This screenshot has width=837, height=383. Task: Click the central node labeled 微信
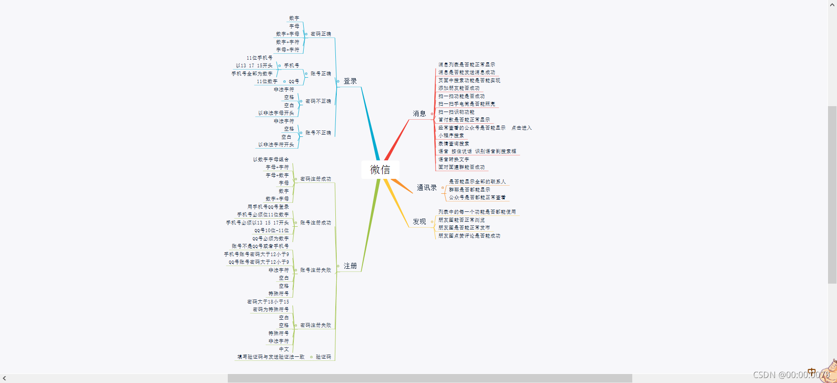click(x=380, y=170)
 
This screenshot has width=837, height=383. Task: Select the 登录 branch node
click(x=350, y=81)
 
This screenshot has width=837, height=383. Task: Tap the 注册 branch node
click(x=350, y=266)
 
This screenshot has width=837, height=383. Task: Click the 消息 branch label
click(x=419, y=114)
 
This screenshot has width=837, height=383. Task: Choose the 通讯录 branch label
click(x=426, y=188)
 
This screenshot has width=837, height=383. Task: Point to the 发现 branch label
click(x=419, y=222)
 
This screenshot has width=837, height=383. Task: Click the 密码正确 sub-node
click(x=320, y=34)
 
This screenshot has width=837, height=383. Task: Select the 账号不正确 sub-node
click(x=318, y=133)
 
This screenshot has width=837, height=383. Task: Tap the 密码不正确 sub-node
click(x=318, y=102)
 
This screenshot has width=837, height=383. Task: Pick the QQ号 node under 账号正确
click(x=294, y=82)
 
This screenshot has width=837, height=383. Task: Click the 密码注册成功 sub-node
click(x=315, y=179)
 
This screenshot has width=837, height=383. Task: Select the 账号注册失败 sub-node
click(x=315, y=271)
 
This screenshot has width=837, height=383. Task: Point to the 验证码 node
click(x=323, y=357)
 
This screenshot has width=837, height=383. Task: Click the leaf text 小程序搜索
click(x=451, y=136)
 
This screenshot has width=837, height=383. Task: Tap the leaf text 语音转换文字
click(x=453, y=159)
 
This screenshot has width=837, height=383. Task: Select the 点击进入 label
click(x=521, y=128)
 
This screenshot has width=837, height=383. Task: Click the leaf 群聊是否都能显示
click(x=469, y=190)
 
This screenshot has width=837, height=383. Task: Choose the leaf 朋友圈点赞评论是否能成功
click(x=469, y=236)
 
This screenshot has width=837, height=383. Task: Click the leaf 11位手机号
click(x=259, y=58)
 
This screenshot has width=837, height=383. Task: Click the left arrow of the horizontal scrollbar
click(x=4, y=378)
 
